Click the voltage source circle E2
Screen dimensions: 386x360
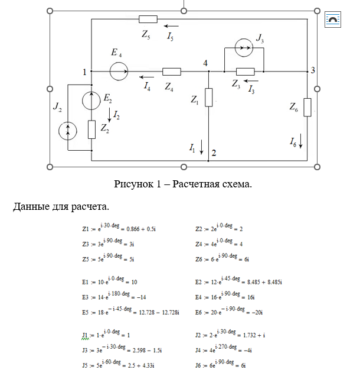(x=91, y=100)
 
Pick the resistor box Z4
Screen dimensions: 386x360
(x=171, y=72)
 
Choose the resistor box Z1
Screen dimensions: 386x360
(x=209, y=98)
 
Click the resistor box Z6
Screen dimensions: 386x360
(x=307, y=108)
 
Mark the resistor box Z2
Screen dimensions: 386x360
(x=91, y=129)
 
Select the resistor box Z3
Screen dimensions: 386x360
(x=244, y=71)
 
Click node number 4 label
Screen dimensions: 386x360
(x=205, y=62)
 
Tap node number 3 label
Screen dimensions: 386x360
(x=313, y=70)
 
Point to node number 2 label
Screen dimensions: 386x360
(x=214, y=153)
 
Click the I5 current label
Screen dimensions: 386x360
(x=170, y=37)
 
